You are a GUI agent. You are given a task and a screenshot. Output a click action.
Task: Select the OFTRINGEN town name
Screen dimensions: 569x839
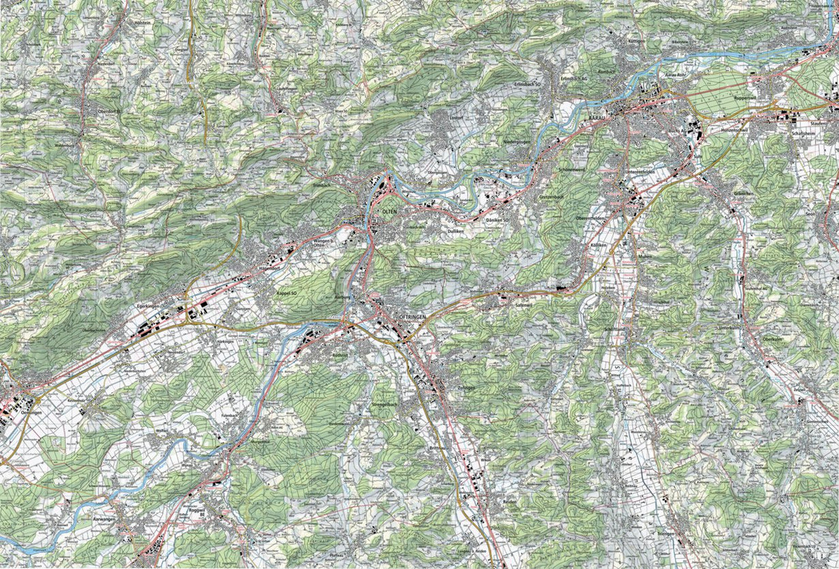[x=411, y=317]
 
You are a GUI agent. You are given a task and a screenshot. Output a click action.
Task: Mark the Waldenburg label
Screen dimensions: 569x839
[x=64, y=145]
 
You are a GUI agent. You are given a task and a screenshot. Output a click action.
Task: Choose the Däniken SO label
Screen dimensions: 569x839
[x=499, y=221]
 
